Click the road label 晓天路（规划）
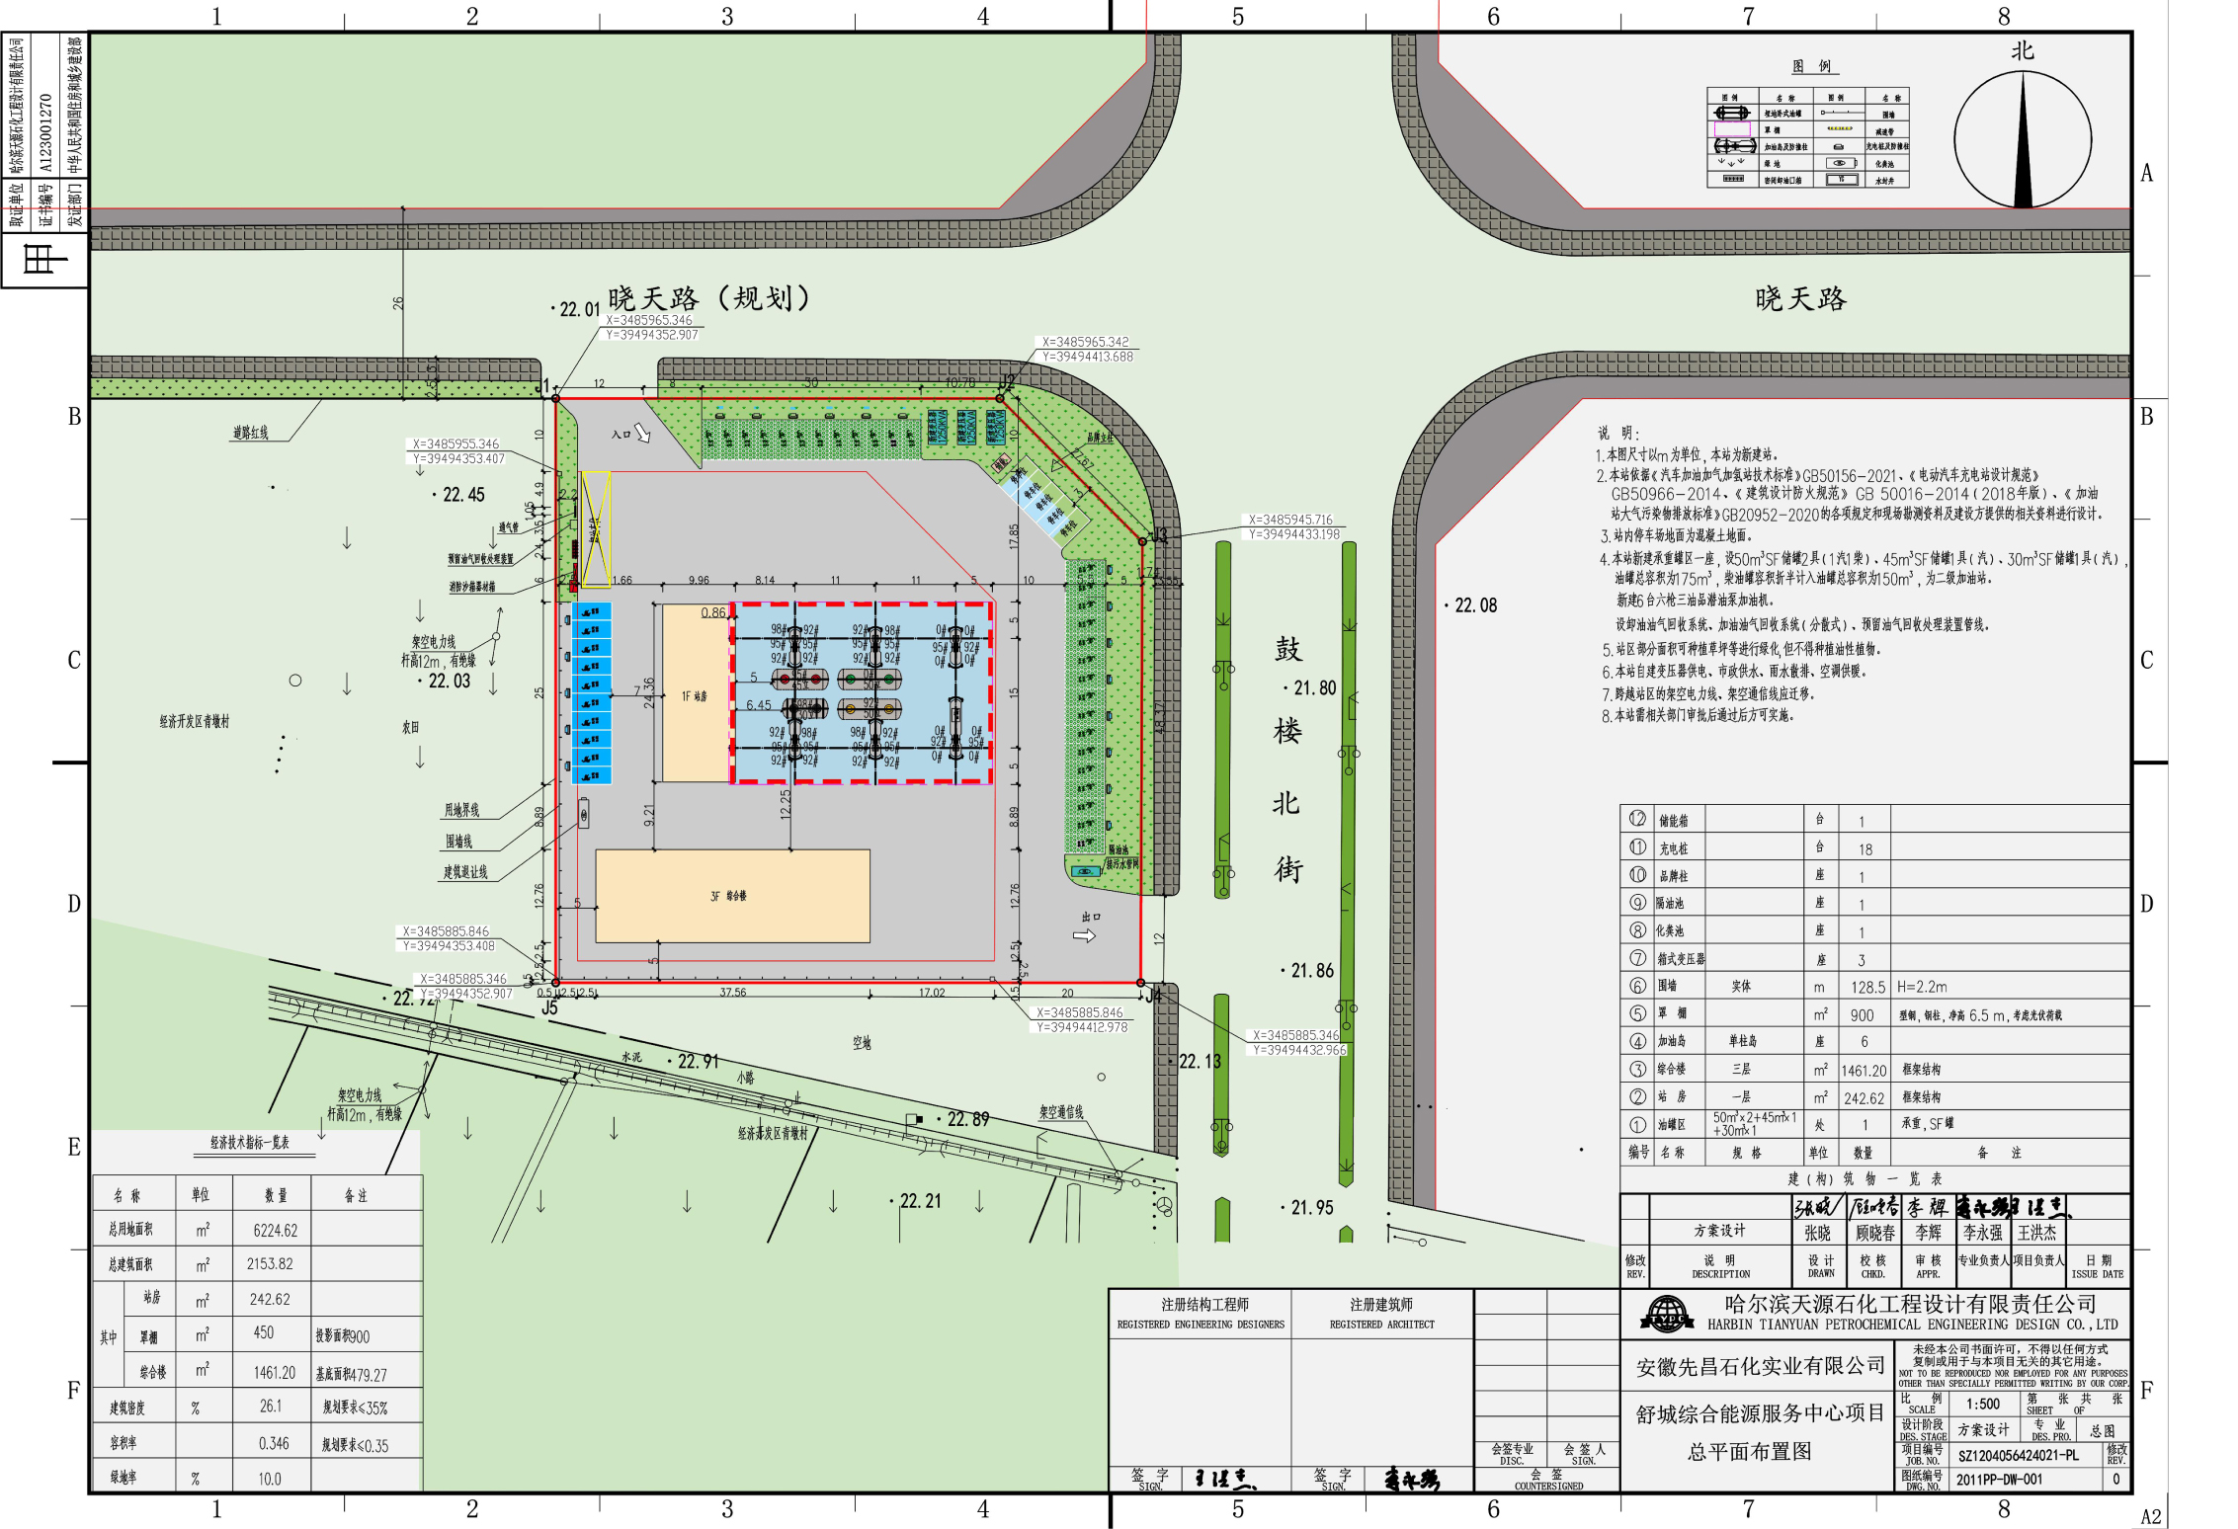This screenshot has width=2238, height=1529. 708,298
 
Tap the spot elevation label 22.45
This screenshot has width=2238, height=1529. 463,495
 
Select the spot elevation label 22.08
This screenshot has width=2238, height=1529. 1475,605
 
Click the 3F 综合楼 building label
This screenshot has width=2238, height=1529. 729,896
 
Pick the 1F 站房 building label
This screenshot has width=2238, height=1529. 694,696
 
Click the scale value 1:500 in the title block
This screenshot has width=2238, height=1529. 1982,1404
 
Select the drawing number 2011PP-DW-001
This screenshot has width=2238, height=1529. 1999,1480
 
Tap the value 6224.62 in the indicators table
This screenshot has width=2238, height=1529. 275,1231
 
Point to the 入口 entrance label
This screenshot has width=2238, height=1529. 621,435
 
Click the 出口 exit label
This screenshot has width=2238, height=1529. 1091,917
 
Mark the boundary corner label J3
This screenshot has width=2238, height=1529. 1159,535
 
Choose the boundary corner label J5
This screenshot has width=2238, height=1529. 549,1008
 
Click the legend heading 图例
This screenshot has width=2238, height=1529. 1812,66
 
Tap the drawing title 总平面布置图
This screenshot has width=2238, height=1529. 1749,1451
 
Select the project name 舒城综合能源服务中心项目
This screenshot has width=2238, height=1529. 1760,1413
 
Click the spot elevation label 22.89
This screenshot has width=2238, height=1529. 967,1119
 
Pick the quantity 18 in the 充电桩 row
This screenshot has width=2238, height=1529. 1865,849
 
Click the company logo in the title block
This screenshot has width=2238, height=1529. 1666,1315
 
